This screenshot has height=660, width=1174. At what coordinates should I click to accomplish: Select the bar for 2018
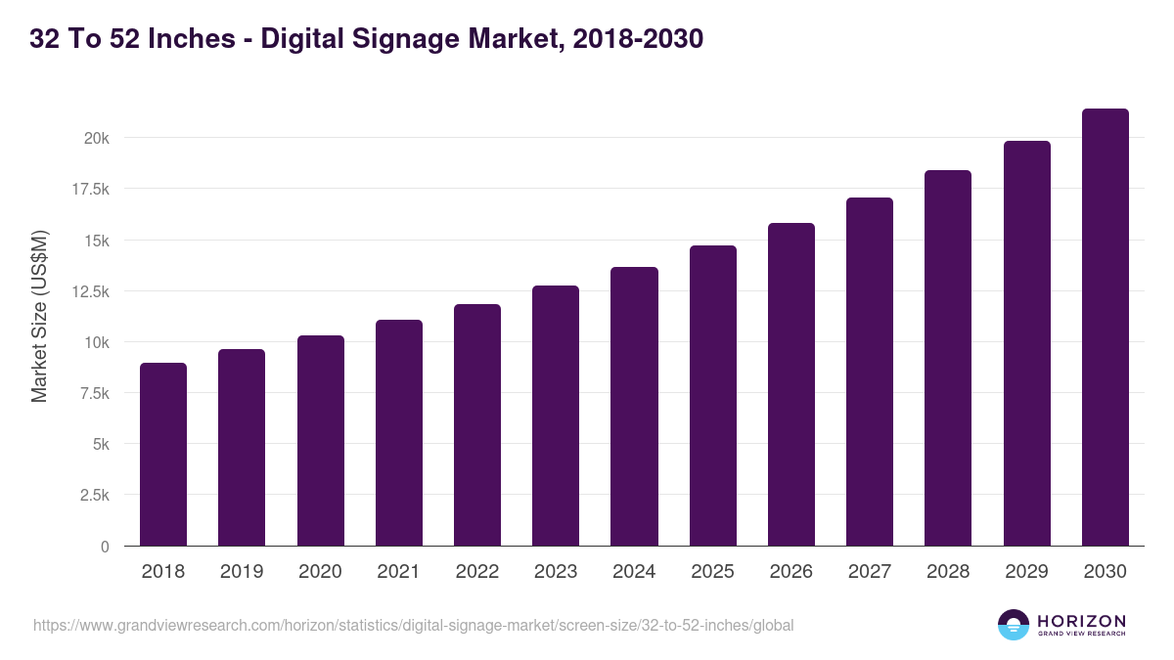[163, 455]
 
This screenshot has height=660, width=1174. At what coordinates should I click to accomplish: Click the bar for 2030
[1105, 328]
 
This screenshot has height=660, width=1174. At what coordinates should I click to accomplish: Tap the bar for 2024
[634, 407]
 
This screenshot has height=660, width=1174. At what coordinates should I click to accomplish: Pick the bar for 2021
[399, 433]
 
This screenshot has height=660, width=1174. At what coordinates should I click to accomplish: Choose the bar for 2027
[870, 372]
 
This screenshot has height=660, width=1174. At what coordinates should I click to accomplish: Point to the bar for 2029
[1026, 343]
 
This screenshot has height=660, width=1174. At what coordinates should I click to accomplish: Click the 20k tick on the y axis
[96, 138]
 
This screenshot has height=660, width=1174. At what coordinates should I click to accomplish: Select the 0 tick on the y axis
[104, 547]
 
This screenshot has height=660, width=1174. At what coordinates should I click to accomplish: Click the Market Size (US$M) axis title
[39, 316]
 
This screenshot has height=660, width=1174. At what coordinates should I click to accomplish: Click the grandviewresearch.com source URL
[413, 625]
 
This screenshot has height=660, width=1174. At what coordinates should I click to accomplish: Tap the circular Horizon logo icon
[1014, 625]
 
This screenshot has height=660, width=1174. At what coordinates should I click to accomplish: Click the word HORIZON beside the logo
[1081, 621]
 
